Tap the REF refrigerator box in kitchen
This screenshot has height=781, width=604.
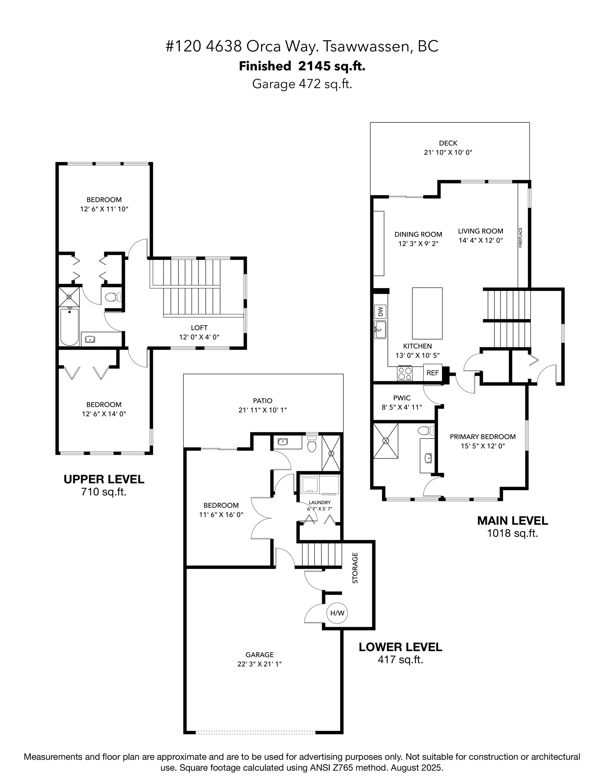[x=432, y=373]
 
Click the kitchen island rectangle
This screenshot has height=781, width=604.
[x=427, y=313]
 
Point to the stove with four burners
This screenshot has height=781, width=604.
[x=404, y=374]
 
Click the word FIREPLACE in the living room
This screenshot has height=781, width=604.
[x=521, y=237]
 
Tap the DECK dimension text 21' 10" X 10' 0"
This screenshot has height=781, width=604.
[x=448, y=152]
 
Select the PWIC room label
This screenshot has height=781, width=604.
[x=402, y=398]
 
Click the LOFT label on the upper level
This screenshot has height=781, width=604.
[x=199, y=327]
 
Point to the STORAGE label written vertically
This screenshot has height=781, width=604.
[x=355, y=568]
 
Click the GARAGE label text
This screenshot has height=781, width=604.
[x=260, y=655]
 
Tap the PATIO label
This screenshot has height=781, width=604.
[x=262, y=401]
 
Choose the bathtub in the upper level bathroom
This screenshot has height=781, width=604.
[x=70, y=327]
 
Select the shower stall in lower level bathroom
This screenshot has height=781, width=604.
[x=331, y=453]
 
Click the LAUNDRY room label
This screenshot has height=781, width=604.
[x=320, y=502]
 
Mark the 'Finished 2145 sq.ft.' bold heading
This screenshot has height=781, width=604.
[x=302, y=66]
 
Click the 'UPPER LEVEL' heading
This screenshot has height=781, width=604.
[x=104, y=479]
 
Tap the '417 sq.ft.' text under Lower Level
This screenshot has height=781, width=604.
[x=400, y=659]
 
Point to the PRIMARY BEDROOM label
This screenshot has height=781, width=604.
[x=483, y=437]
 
